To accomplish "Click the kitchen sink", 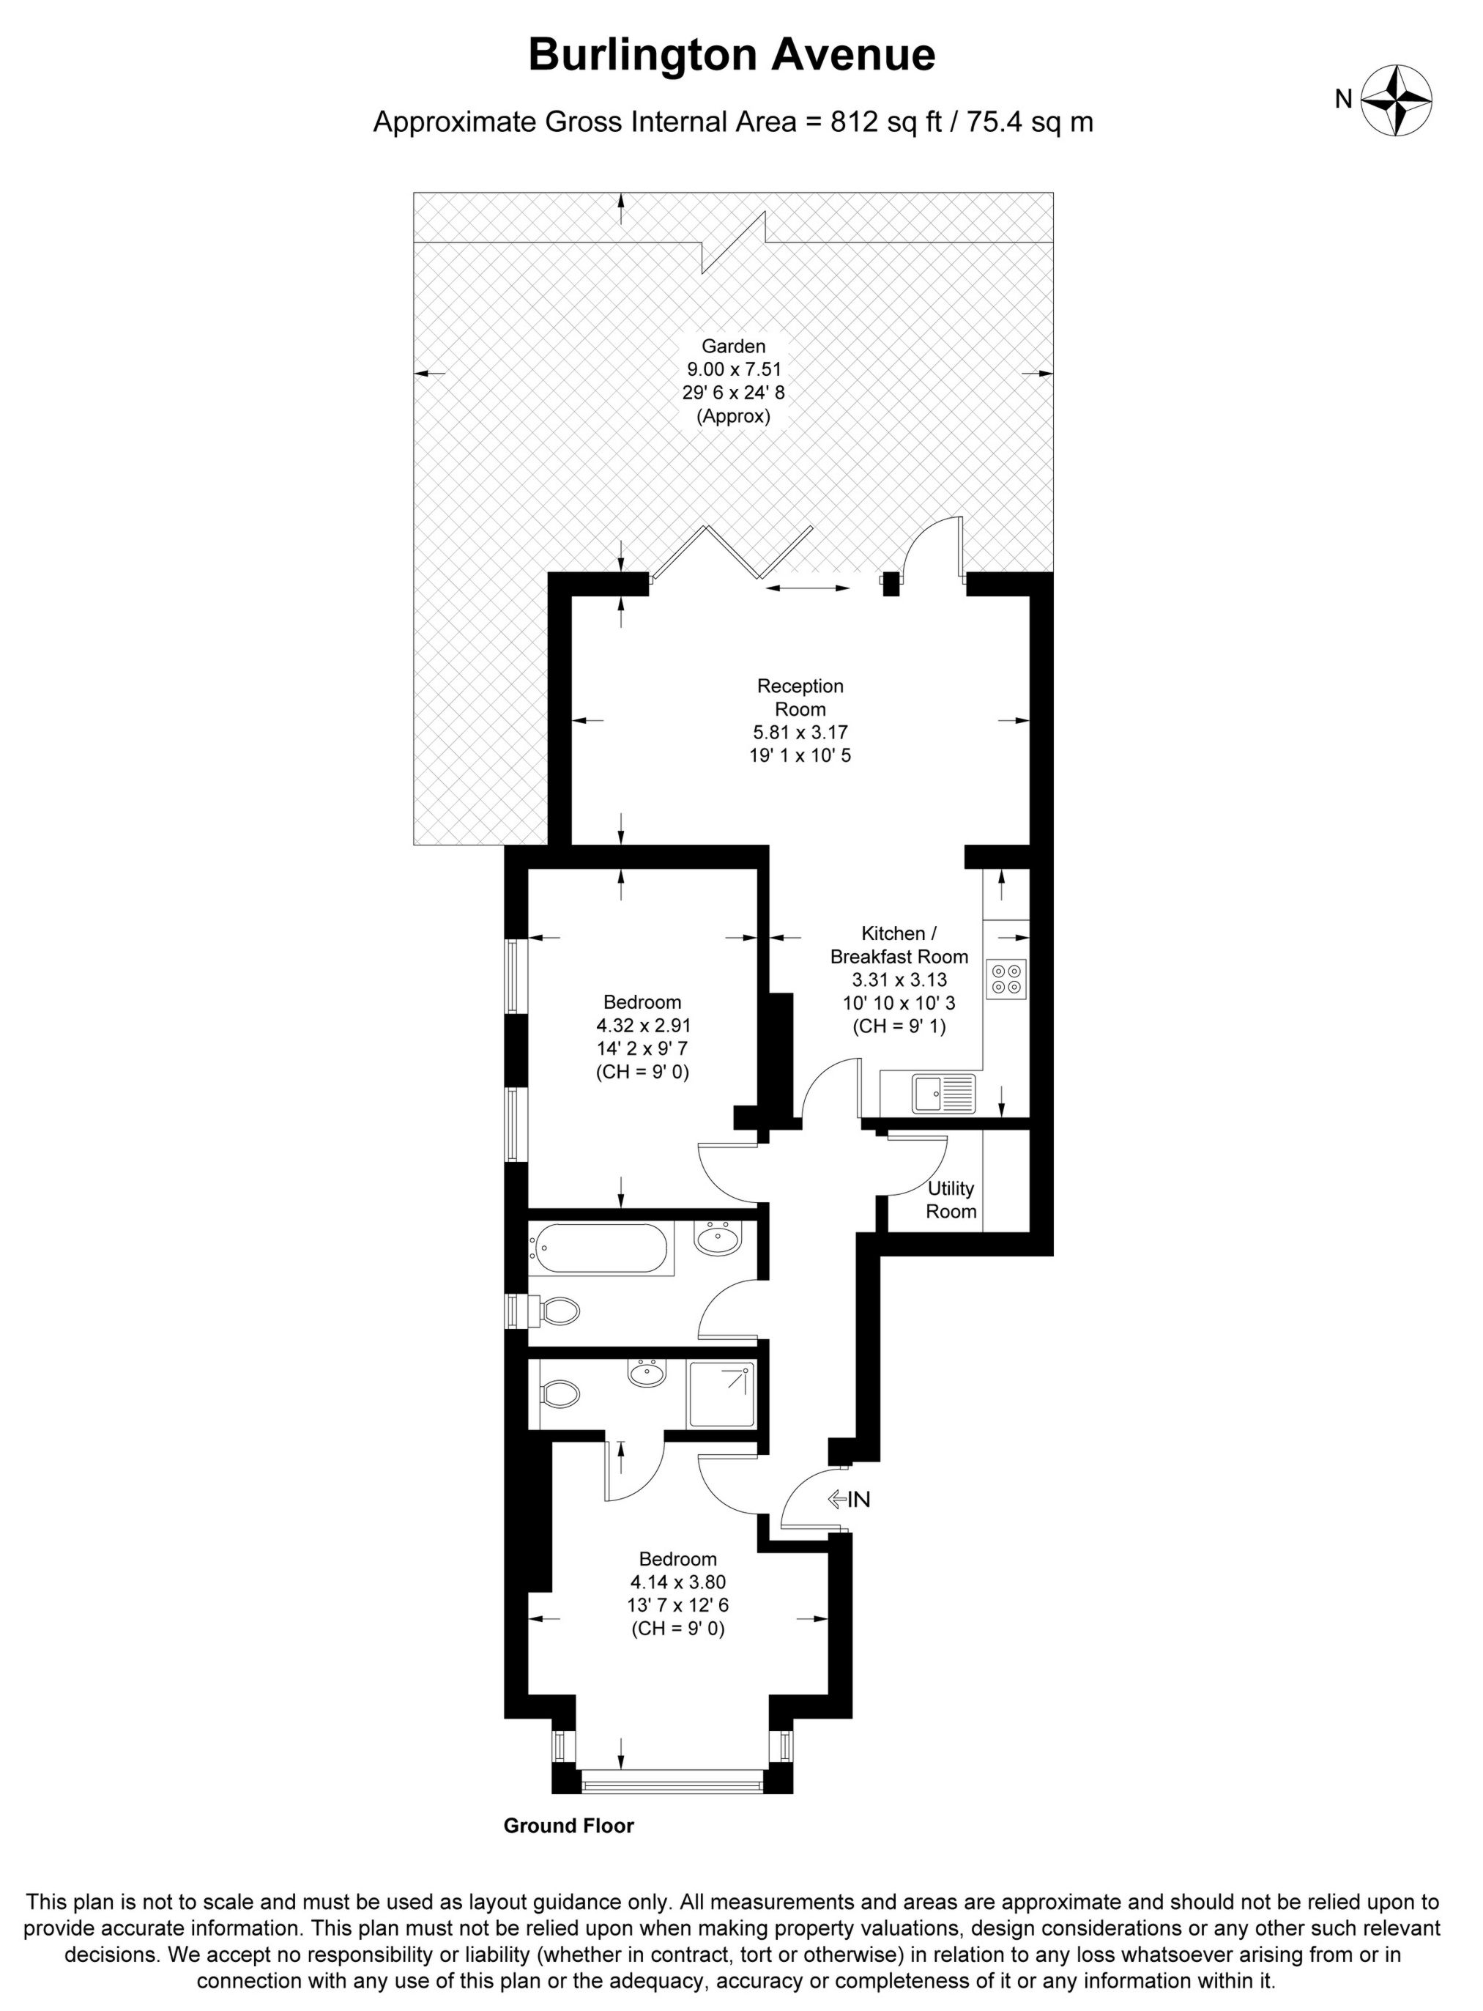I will pyautogui.click(x=943, y=1094).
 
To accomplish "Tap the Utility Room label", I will pyautogui.click(x=951, y=1199).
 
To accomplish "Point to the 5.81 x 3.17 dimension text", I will pyautogui.click(x=800, y=733).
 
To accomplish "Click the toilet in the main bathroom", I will pyautogui.click(x=557, y=1311).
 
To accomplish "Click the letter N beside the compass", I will pyautogui.click(x=1343, y=100).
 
